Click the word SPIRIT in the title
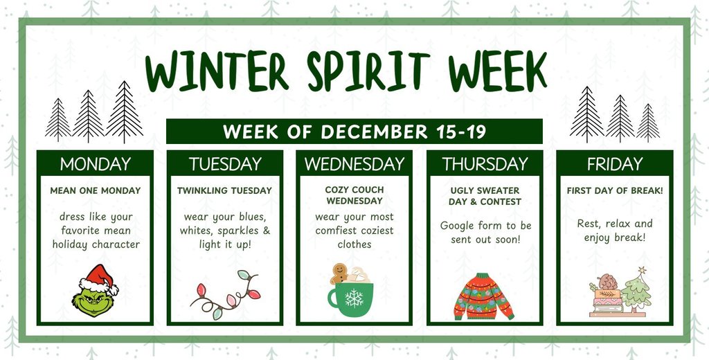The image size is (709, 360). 361,72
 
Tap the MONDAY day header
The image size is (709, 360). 95,164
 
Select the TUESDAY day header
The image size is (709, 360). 225,164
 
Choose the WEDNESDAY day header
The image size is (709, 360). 354,164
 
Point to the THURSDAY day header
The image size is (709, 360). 485,164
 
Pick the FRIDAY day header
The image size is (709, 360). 614,164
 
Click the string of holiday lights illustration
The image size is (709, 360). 224,295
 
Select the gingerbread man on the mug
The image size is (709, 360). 339,274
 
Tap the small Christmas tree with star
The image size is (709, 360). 636,289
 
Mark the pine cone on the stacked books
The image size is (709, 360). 607,282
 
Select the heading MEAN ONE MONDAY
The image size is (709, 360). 95,190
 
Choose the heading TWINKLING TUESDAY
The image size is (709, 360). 224,190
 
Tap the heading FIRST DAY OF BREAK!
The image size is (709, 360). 614,190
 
